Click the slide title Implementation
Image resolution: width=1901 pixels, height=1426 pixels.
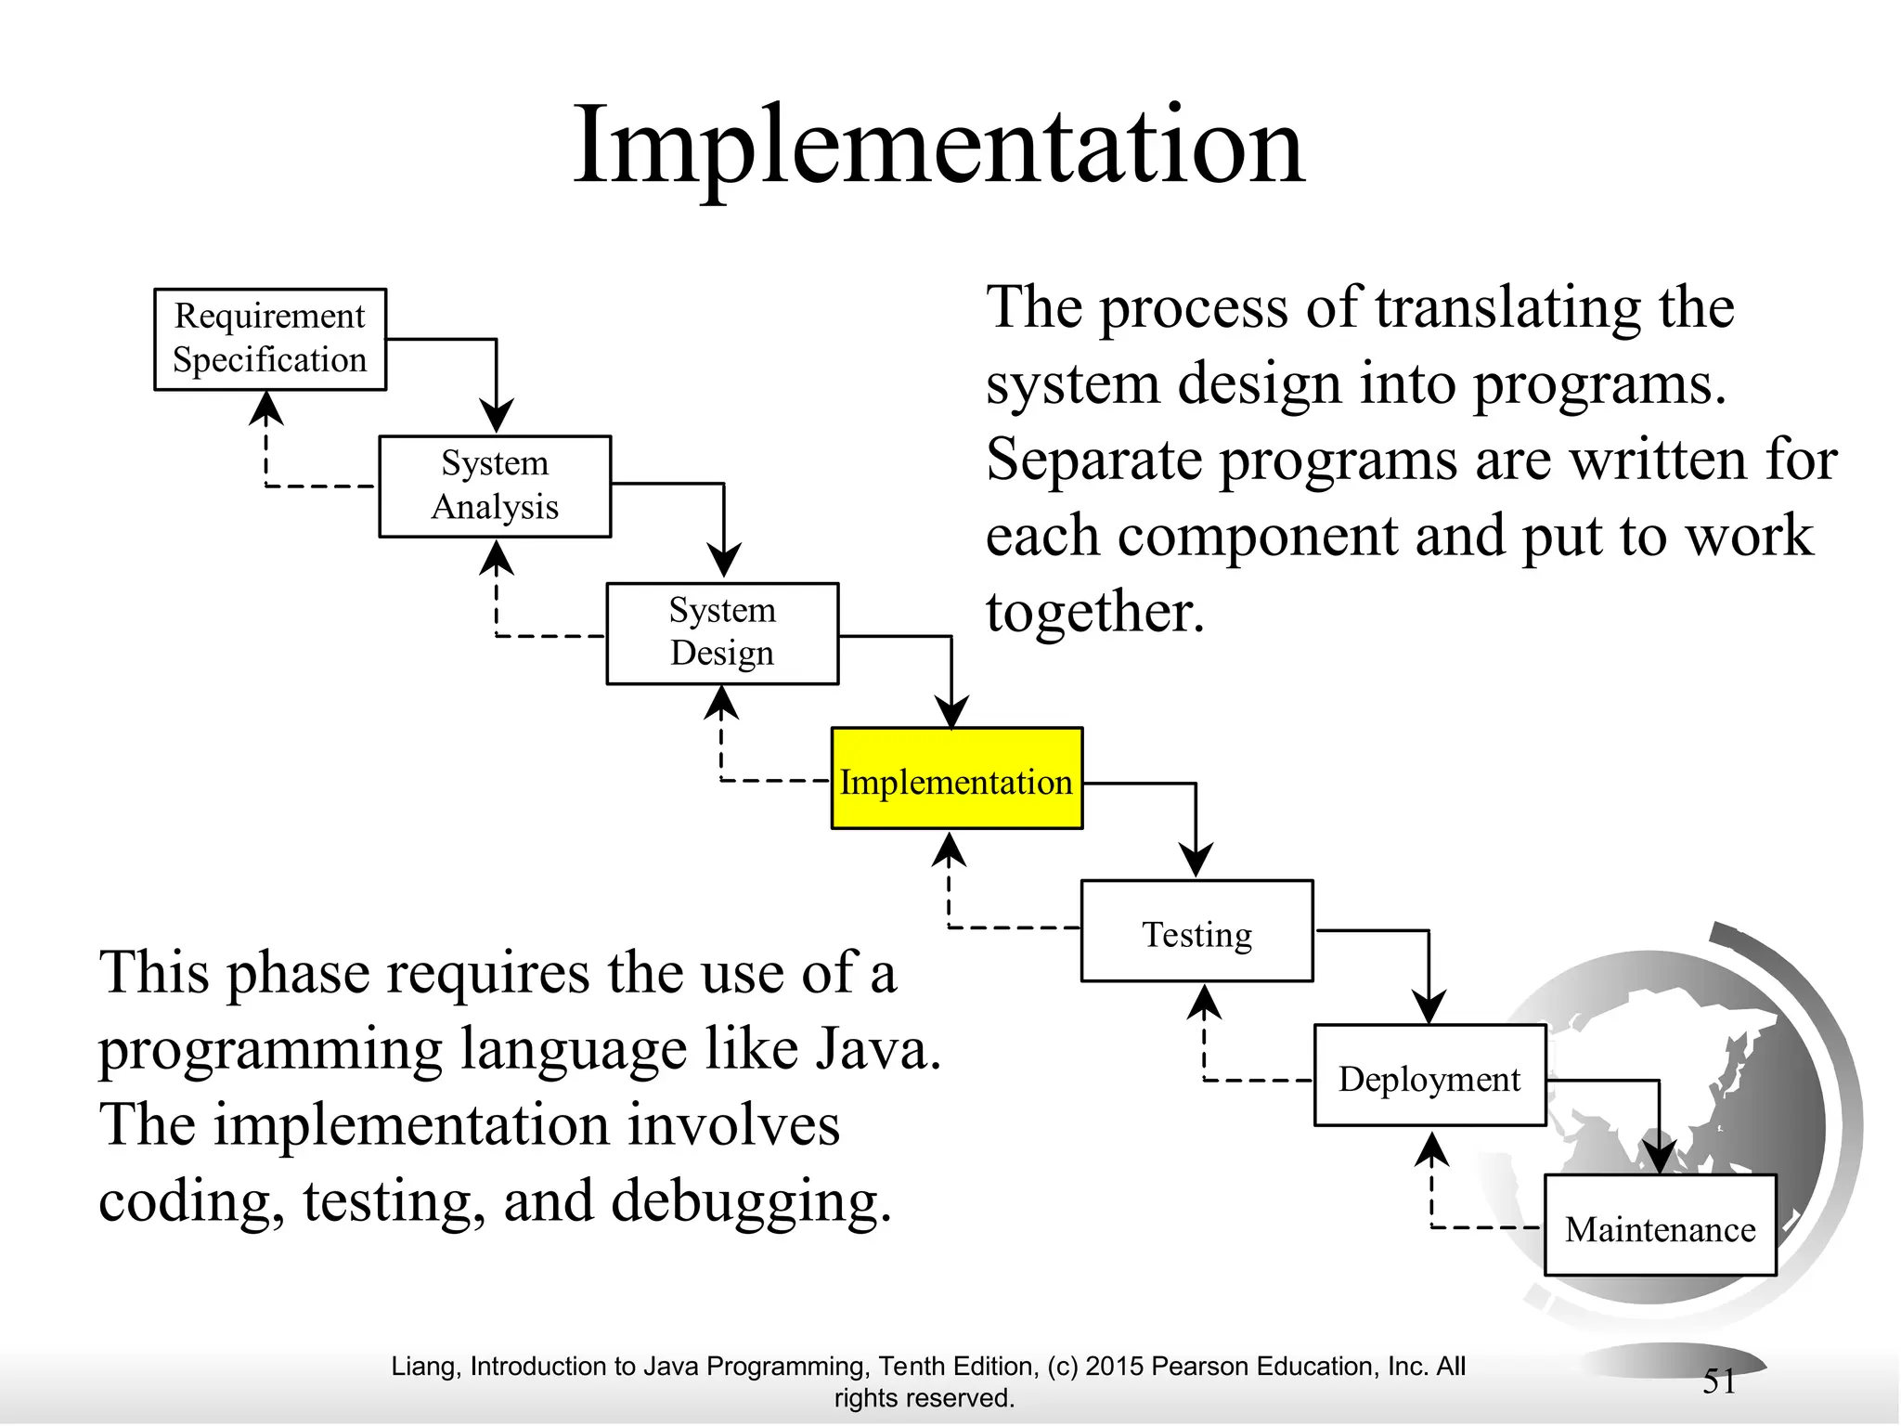(x=938, y=147)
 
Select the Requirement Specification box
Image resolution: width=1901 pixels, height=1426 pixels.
(x=269, y=339)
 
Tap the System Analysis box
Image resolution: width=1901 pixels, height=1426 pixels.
(x=495, y=486)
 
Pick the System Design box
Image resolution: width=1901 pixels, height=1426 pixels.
(x=722, y=633)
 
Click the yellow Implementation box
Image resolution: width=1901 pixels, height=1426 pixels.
(x=956, y=779)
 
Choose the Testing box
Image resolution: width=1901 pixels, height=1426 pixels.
(x=1196, y=931)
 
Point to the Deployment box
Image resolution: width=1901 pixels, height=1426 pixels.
(x=1429, y=1076)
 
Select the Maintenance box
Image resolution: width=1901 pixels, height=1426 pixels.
(x=1660, y=1225)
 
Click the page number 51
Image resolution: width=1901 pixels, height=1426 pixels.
(x=1719, y=1381)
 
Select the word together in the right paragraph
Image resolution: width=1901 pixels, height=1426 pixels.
(x=1094, y=612)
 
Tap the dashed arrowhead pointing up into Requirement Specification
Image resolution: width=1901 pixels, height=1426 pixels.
(x=266, y=408)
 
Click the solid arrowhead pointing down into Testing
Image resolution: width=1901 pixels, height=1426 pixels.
(x=1196, y=860)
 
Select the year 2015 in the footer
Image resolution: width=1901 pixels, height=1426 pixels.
(x=1114, y=1366)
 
